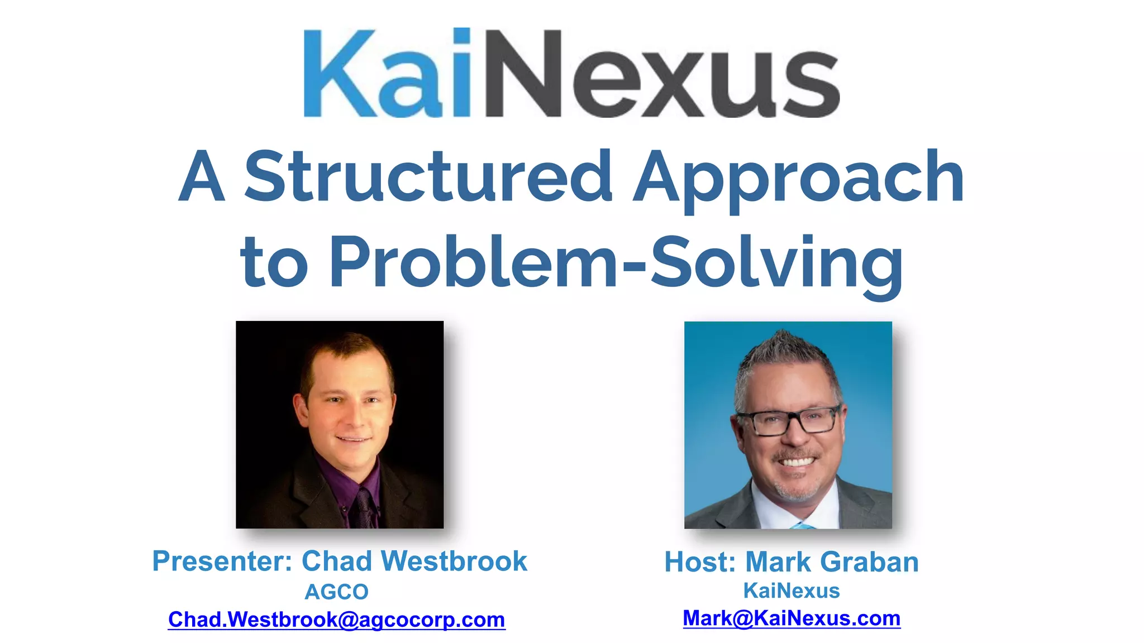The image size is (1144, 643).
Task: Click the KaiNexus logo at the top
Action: (571, 73)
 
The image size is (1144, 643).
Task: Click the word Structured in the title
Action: (428, 177)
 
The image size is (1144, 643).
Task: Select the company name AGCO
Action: (336, 592)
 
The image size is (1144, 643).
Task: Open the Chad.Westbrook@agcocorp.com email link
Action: (336, 620)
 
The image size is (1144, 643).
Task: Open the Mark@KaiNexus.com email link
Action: (792, 618)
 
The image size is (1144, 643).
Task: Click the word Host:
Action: (700, 562)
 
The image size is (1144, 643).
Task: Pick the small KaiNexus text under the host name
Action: (792, 591)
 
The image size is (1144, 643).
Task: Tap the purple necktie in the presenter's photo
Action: (365, 508)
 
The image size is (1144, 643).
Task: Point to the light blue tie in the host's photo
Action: (803, 525)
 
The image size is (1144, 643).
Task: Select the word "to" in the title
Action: (274, 262)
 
